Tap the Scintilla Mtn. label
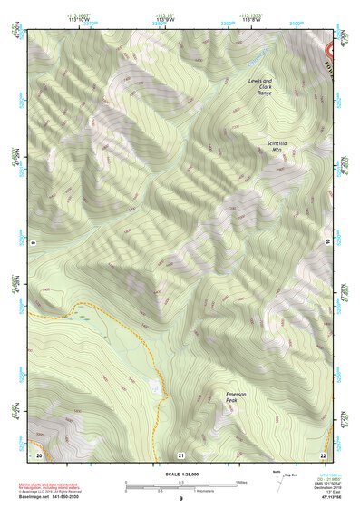pos(281,147)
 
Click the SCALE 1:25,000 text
pos(180,475)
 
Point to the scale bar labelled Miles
pos(181,483)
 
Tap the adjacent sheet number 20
pos(38,454)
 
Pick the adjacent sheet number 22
pos(323,454)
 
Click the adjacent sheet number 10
pos(327,243)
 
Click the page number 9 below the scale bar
pos(180,500)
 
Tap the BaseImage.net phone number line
pos(50,498)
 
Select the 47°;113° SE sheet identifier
pos(322,499)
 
